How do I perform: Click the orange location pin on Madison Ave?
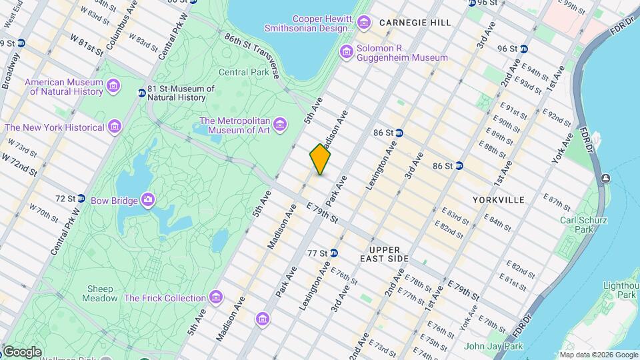click(x=320, y=159)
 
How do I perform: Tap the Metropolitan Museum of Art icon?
click(x=279, y=125)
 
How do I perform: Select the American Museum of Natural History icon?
click(x=113, y=86)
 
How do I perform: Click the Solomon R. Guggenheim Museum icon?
click(x=346, y=52)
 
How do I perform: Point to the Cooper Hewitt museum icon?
click(x=363, y=23)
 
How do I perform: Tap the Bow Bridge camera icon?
click(x=147, y=200)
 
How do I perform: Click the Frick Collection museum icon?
click(x=215, y=297)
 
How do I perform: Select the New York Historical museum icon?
click(x=115, y=127)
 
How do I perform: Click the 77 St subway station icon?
click(x=334, y=253)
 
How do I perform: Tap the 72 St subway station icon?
click(x=81, y=198)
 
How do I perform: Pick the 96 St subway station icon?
click(x=524, y=48)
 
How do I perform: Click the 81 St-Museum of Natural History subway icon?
click(x=141, y=93)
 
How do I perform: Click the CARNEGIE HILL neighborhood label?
click(x=415, y=23)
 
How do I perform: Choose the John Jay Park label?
click(x=493, y=346)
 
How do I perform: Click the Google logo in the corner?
click(x=22, y=351)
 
